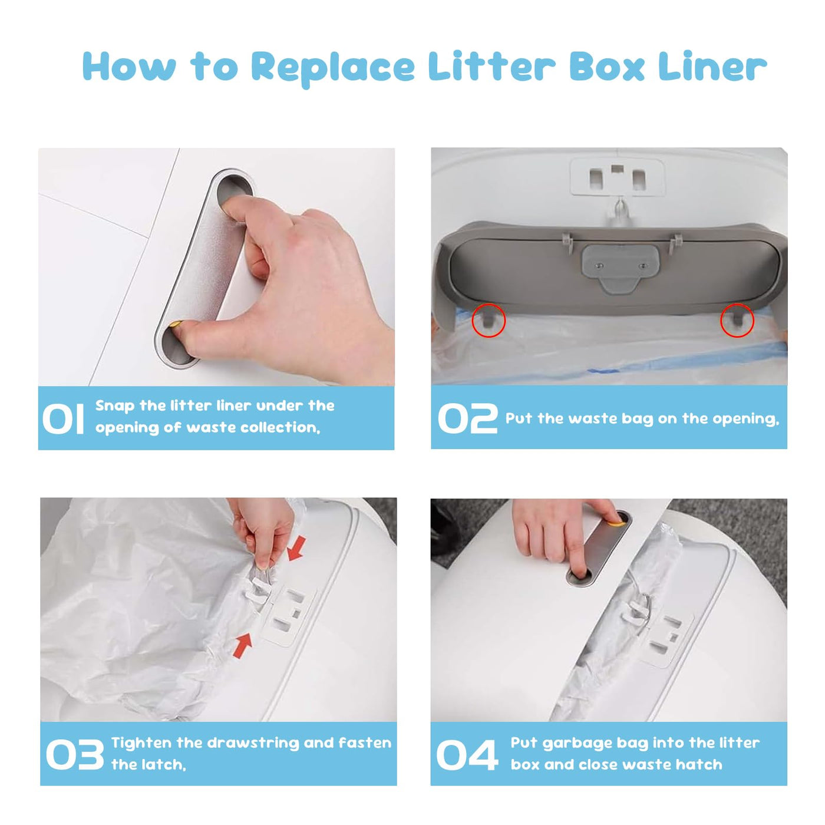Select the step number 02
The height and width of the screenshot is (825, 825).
pos(467,418)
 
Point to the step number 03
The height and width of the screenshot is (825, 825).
pos(75,754)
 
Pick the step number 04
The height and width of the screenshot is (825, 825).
pos(467,754)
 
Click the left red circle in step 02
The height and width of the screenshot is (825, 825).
pos(489,320)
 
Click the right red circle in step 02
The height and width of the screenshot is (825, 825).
pos(737,320)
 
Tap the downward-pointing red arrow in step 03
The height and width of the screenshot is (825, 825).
pos(296,549)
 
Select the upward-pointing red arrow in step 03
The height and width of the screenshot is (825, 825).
pos(242,646)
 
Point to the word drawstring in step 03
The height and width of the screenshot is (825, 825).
pos(253,744)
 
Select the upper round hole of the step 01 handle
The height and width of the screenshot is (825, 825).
pos(234,190)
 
